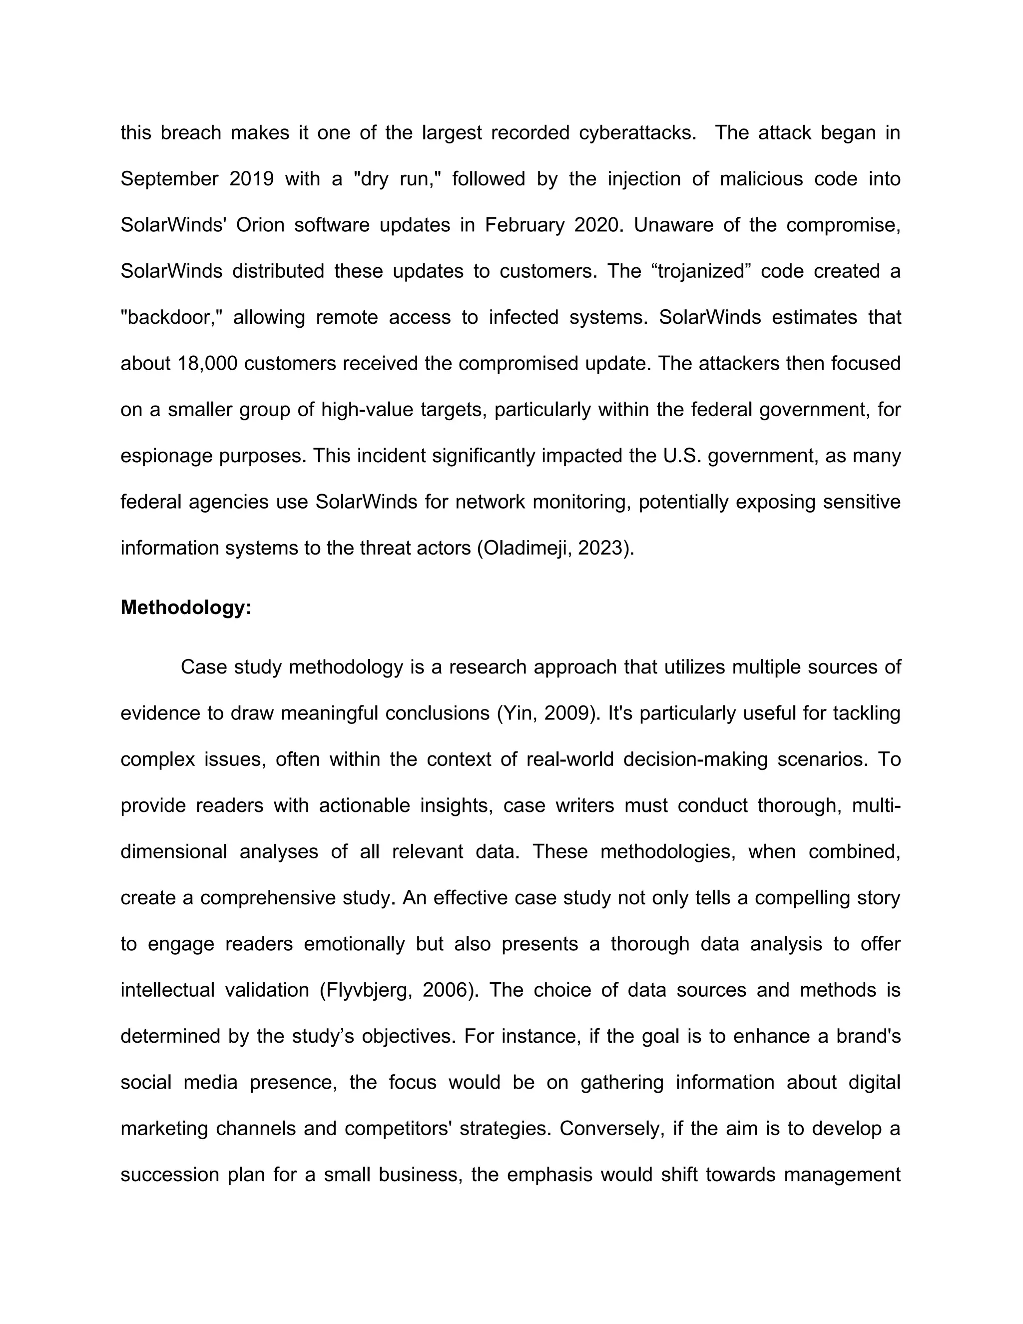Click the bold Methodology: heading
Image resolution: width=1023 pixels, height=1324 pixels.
[x=185, y=608]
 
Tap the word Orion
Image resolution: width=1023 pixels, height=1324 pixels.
[x=260, y=225]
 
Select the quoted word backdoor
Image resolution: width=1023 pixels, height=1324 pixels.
[x=172, y=317]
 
